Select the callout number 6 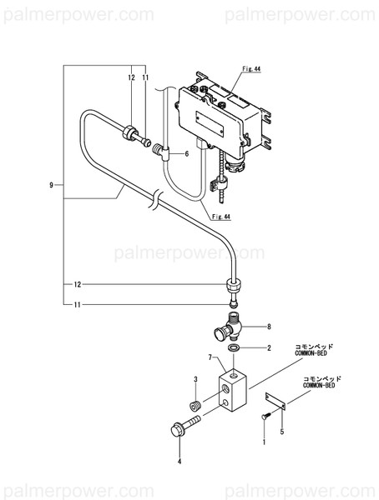pos(187,154)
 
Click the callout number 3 pos(195,379)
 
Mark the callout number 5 pos(281,432)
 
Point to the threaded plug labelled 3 pos(195,405)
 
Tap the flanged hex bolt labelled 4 pos(185,429)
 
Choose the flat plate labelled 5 pos(276,402)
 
